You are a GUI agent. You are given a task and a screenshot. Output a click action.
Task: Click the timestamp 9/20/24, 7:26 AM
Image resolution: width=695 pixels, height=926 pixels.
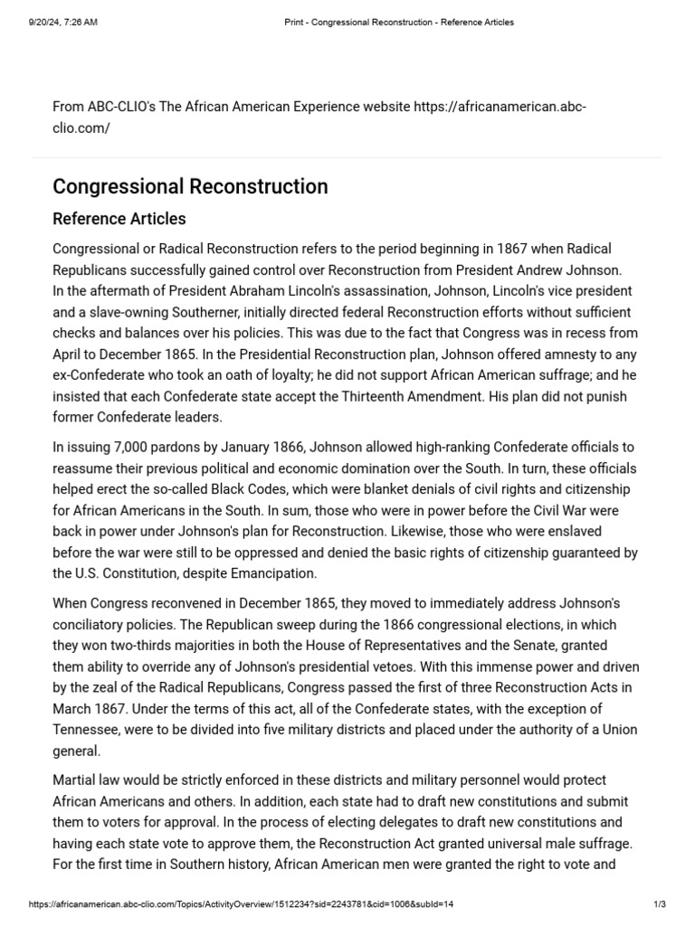62,22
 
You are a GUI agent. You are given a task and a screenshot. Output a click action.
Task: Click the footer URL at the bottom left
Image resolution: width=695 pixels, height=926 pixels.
241,904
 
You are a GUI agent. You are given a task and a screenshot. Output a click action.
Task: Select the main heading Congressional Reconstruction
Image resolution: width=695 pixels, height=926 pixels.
190,187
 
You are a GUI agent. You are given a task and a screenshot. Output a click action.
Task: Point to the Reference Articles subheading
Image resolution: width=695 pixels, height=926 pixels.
119,219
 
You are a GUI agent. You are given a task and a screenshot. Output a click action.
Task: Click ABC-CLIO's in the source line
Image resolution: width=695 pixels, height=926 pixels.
121,108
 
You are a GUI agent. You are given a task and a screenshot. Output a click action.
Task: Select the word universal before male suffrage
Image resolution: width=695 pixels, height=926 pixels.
488,843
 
